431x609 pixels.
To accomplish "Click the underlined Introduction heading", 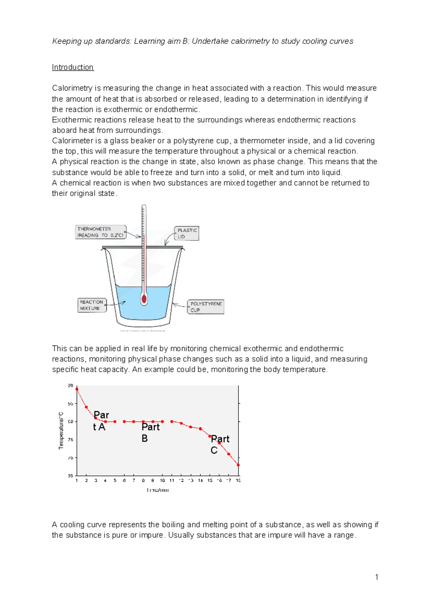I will pyautogui.click(x=73, y=68).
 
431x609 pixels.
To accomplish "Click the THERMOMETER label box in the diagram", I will pyautogui.click(x=101, y=232).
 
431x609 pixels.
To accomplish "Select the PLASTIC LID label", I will pyautogui.click(x=187, y=233).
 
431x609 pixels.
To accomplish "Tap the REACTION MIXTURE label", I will pyautogui.click(x=92, y=305).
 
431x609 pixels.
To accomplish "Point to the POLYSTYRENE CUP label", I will pyautogui.click(x=206, y=307).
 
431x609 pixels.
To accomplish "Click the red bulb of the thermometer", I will pyautogui.click(x=144, y=299).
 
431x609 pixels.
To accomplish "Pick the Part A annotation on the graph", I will pyautogui.click(x=101, y=421).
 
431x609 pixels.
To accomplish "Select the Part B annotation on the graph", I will pyautogui.click(x=150, y=432).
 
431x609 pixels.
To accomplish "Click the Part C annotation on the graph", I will pyautogui.click(x=219, y=444).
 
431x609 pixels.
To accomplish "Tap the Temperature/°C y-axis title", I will pyautogui.click(x=61, y=430).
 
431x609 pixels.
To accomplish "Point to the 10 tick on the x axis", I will pyautogui.click(x=162, y=480).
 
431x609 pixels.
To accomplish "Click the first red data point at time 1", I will pyautogui.click(x=77, y=389).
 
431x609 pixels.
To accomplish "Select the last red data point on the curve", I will pyautogui.click(x=238, y=465).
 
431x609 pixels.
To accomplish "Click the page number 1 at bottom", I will pyautogui.click(x=376, y=577).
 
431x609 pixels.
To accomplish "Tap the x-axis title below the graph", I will pyautogui.click(x=158, y=490).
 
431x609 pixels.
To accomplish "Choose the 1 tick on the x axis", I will pyautogui.click(x=77, y=480).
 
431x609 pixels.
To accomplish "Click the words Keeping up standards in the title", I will pyautogui.click(x=92, y=41).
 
